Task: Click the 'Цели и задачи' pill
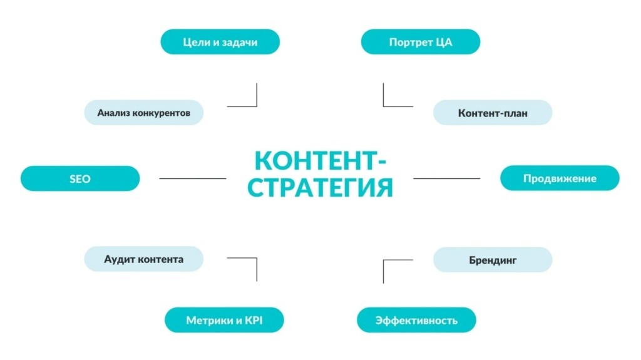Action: point(220,42)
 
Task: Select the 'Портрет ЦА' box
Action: point(420,42)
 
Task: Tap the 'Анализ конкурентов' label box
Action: point(143,113)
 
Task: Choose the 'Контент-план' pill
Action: point(493,113)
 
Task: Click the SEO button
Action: point(80,178)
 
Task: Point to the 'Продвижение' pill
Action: point(560,178)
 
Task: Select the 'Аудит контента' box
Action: point(143,259)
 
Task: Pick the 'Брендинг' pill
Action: point(493,260)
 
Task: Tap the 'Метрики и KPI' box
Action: point(224,320)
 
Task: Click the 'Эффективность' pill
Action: point(416,320)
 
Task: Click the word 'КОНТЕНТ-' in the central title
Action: point(320,160)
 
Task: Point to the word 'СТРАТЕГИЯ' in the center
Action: point(320,187)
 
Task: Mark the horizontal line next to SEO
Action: point(193,178)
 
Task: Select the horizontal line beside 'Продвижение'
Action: point(446,178)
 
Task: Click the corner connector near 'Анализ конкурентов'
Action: point(257,106)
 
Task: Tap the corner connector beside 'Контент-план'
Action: point(384,106)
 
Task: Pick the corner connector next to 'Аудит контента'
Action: point(257,258)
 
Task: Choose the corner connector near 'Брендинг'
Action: point(384,260)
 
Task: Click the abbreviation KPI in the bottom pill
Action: point(254,320)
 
